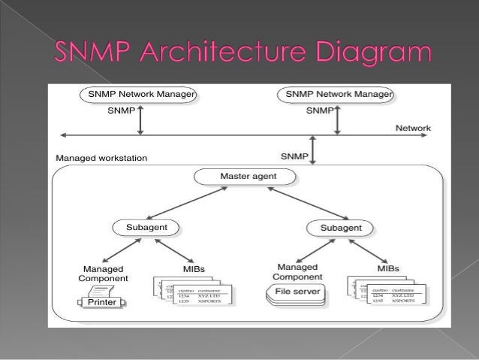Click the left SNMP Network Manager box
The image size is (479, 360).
[x=140, y=95]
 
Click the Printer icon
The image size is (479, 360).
[x=101, y=302]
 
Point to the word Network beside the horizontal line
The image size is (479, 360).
[x=413, y=129]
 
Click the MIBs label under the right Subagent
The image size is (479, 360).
[x=388, y=268]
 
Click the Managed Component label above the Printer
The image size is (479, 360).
[x=104, y=273]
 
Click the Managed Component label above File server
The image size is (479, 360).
[x=298, y=272]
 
